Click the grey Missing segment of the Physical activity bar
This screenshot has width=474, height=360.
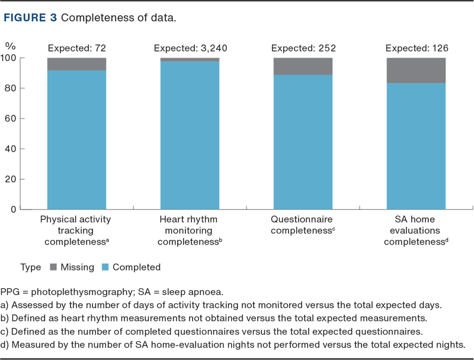(x=76, y=64)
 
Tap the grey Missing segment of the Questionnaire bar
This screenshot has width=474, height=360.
(x=302, y=66)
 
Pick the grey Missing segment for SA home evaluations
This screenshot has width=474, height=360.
(x=415, y=70)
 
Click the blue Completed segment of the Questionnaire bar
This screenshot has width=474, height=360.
(x=302, y=142)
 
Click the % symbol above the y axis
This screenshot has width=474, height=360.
(x=10, y=45)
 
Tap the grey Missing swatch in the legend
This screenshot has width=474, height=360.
(x=52, y=267)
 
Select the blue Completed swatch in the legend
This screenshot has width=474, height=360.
(x=106, y=267)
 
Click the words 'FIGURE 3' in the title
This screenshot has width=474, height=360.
(x=30, y=18)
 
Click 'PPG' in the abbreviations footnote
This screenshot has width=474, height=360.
(x=10, y=292)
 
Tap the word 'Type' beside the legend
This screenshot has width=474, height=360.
(x=30, y=267)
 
